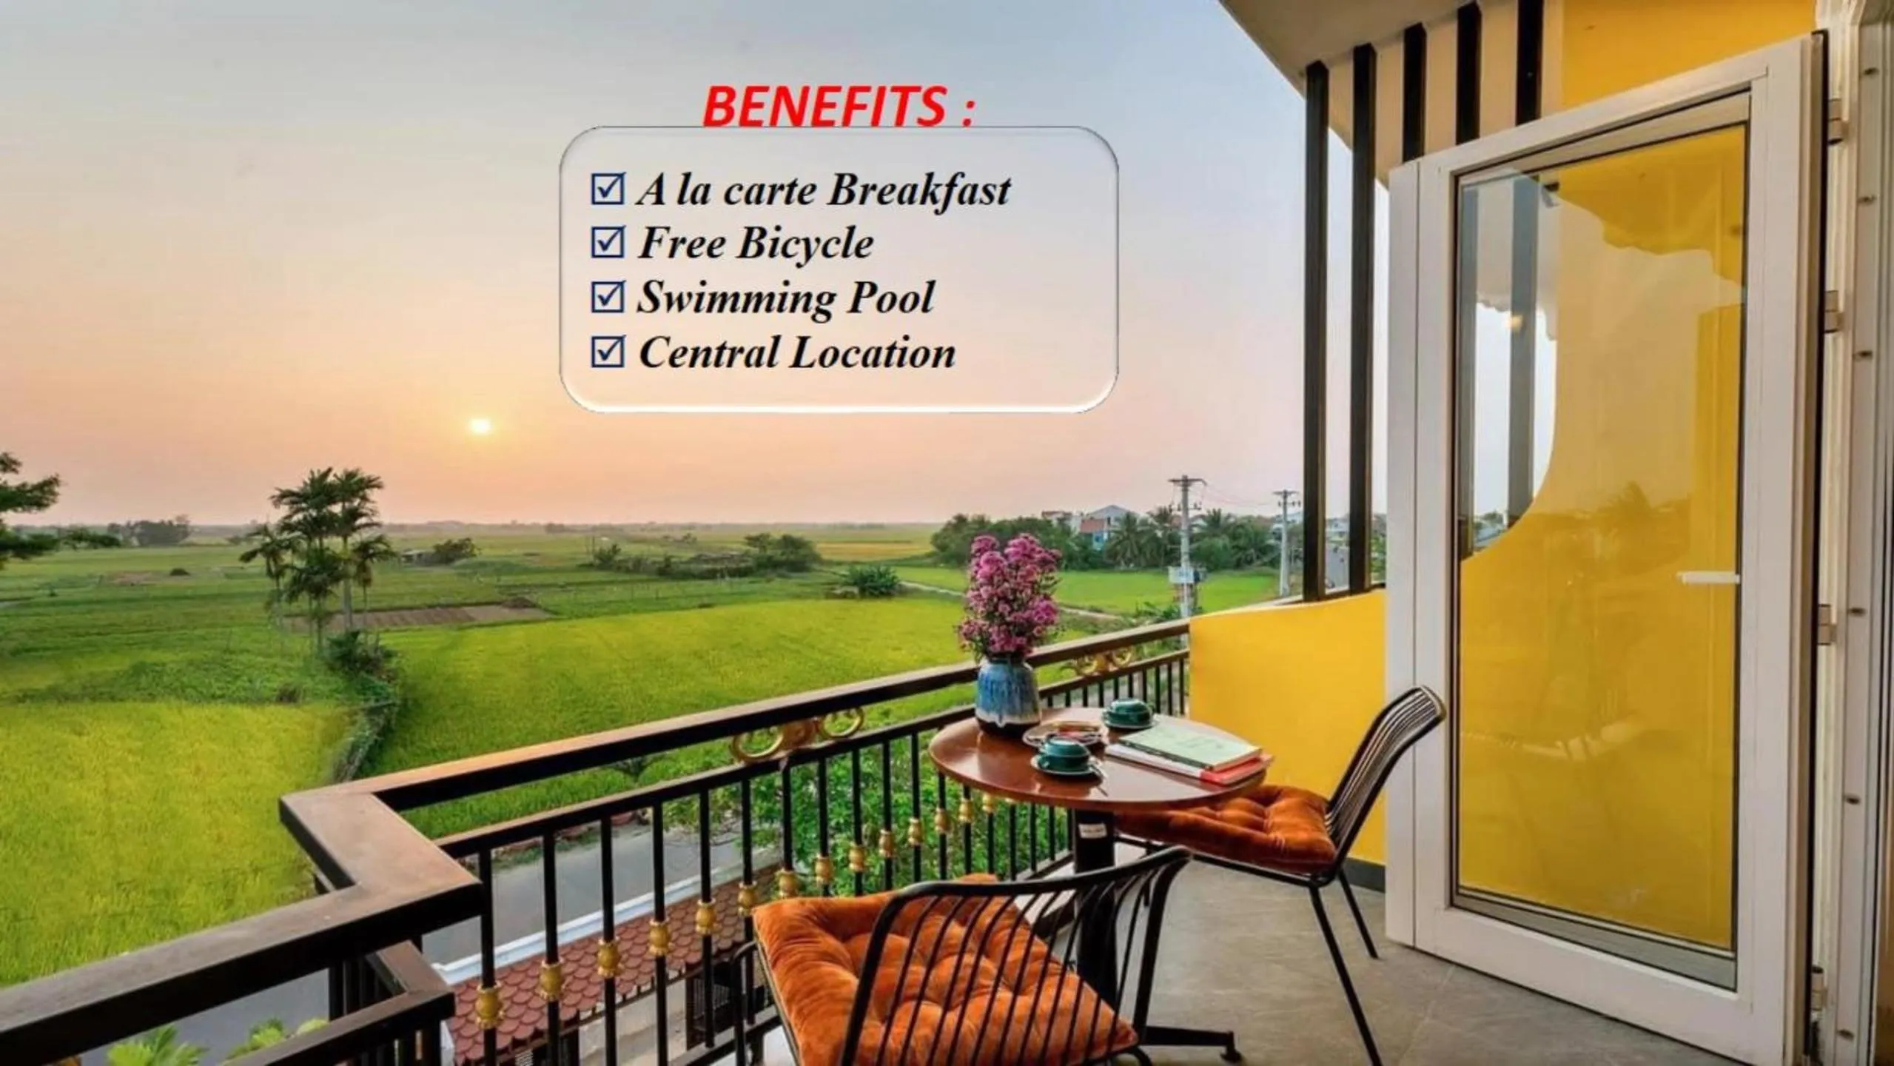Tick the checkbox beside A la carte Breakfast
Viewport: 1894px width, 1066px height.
click(x=608, y=189)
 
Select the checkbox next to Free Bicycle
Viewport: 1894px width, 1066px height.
click(x=608, y=242)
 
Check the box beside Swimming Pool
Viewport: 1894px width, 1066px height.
click(x=608, y=297)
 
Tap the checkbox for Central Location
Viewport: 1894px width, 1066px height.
click(x=608, y=352)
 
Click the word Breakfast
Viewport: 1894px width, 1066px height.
click(x=919, y=190)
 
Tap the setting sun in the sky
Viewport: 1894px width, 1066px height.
click(x=480, y=426)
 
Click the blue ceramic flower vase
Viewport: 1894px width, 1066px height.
click(x=1006, y=695)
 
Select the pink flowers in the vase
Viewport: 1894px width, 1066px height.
click(x=1010, y=592)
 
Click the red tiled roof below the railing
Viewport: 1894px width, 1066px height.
click(x=592, y=962)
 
